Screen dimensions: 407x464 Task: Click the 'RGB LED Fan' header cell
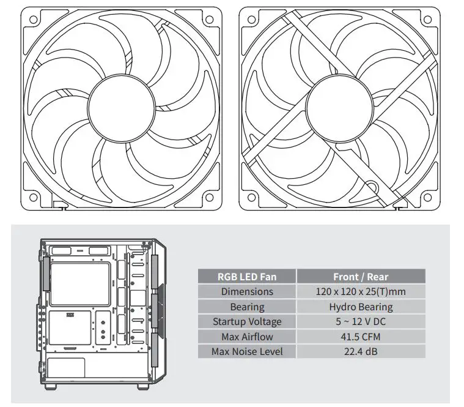point(247,277)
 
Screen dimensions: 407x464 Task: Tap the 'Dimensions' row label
point(247,292)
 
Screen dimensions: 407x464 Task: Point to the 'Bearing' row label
point(247,307)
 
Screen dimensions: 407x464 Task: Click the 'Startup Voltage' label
point(247,321)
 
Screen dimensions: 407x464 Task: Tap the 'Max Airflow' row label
point(247,337)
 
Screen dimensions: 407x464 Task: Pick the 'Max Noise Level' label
point(247,351)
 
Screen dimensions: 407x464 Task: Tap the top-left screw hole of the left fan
point(31,20)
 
